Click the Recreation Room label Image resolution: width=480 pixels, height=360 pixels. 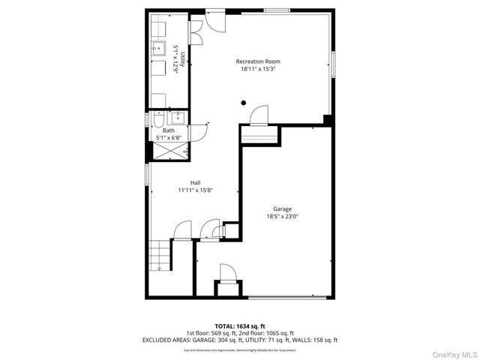point(258,61)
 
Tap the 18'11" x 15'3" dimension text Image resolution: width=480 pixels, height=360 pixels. point(258,69)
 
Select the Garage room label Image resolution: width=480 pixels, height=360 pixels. point(282,208)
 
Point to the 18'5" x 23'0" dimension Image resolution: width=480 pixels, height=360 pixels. point(282,217)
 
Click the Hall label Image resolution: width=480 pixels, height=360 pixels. point(195,182)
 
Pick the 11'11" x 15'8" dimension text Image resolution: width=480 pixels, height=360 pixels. point(195,190)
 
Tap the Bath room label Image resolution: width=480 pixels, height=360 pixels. point(169,130)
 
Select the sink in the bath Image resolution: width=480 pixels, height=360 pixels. point(178,117)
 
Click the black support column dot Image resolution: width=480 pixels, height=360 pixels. point(243,103)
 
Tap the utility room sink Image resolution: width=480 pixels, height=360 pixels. point(159,49)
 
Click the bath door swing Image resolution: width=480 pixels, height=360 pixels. point(200,131)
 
